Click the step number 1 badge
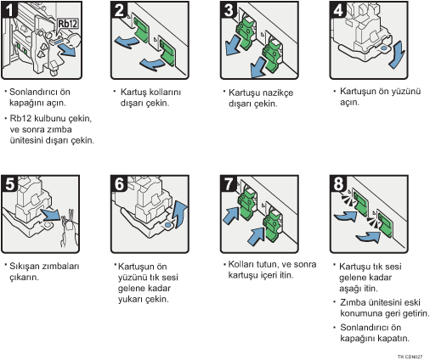click(x=9, y=9)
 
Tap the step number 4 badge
click(x=338, y=10)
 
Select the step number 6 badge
click(x=119, y=183)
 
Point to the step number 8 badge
click(x=338, y=183)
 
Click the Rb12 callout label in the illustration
click(x=68, y=24)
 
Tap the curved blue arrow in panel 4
click(x=397, y=54)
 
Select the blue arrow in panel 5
click(x=50, y=215)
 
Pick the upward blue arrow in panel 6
click(x=180, y=214)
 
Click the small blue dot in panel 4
click(x=383, y=48)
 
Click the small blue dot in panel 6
click(x=167, y=225)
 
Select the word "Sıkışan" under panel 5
click(x=24, y=267)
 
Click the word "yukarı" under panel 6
click(x=130, y=299)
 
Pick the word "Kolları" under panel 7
click(x=240, y=264)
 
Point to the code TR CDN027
click(x=410, y=357)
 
